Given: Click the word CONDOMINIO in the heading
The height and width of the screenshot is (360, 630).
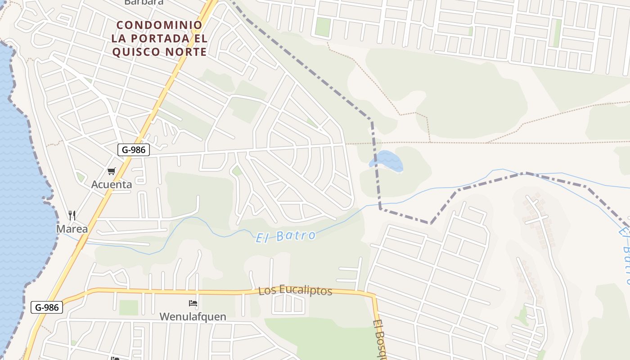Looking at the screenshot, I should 159,25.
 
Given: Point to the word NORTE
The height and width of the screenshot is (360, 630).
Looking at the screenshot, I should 189,52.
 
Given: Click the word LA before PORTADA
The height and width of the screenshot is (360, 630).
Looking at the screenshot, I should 119,38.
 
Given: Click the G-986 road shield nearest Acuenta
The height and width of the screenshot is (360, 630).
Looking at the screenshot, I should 134,150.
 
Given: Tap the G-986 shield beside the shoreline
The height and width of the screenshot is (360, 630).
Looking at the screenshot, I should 47,308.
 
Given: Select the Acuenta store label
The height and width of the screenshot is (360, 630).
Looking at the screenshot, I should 112,184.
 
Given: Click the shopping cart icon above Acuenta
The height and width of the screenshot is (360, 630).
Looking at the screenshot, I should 111,171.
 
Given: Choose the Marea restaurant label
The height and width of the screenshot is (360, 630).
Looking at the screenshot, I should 72,229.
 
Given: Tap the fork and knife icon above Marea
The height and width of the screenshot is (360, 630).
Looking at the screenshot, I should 72,215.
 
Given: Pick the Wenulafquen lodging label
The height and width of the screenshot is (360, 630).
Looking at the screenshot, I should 193,316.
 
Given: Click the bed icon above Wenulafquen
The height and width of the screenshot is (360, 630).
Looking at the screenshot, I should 193,303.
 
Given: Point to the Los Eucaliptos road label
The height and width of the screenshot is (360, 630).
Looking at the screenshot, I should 295,290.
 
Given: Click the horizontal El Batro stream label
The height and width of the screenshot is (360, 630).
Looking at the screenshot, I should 285,236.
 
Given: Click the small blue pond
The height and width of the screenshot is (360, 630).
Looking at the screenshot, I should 387,161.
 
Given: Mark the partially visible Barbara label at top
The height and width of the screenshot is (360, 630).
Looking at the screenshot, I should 144,2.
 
